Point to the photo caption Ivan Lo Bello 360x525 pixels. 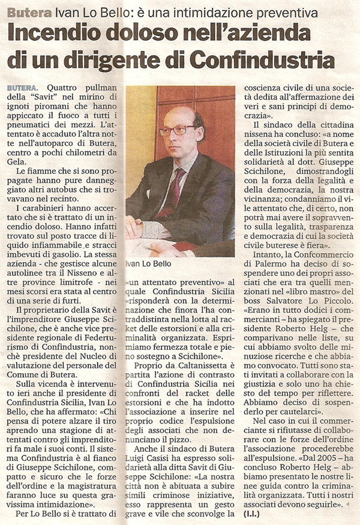click(148, 263)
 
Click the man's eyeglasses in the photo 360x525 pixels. click(176, 130)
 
